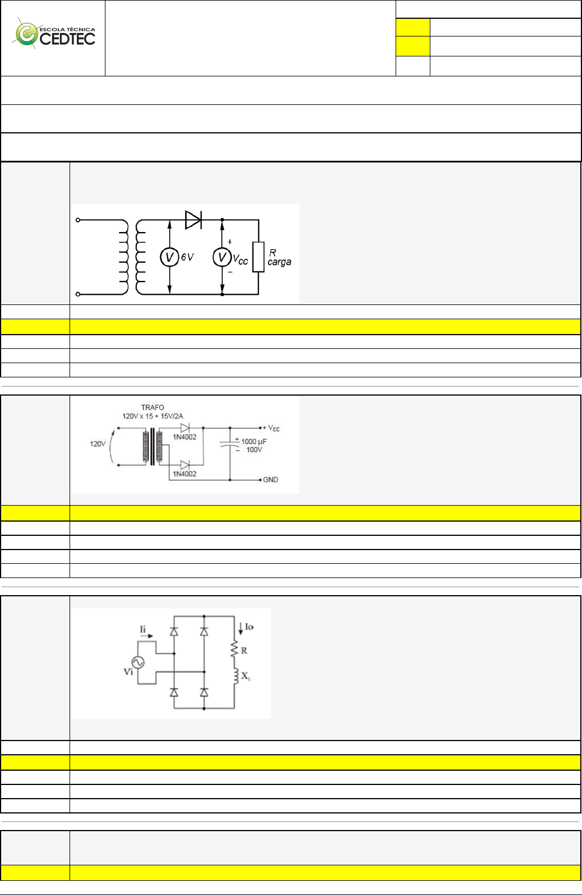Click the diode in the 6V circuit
[x=193, y=219]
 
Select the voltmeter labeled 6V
[x=169, y=258]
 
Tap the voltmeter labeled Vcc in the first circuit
[x=222, y=258]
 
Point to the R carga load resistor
[x=258, y=257]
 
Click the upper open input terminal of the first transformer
[x=78, y=219]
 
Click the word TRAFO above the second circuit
[x=152, y=408]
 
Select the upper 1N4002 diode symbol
[x=185, y=428]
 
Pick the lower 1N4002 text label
[x=185, y=474]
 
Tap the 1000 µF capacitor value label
[x=254, y=441]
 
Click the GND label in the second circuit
[x=270, y=480]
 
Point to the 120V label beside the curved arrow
[x=97, y=444]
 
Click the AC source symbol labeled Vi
[x=138, y=662]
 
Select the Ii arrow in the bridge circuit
[x=146, y=633]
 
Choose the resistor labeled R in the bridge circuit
[x=234, y=649]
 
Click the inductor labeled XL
[x=234, y=676]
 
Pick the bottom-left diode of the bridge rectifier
[x=174, y=692]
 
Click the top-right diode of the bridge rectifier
[x=204, y=632]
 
